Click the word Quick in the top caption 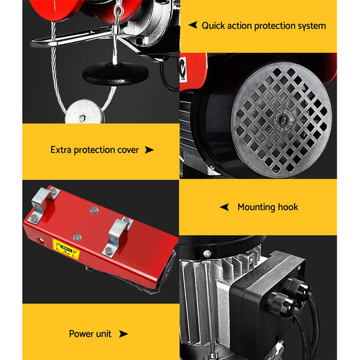tap(214, 26)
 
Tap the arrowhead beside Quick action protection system tap(193, 26)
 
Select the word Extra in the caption tap(62, 149)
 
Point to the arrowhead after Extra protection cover tap(149, 149)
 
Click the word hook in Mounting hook tap(287, 207)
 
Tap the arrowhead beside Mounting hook tap(224, 207)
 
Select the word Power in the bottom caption tap(82, 334)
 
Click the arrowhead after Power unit tap(123, 334)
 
